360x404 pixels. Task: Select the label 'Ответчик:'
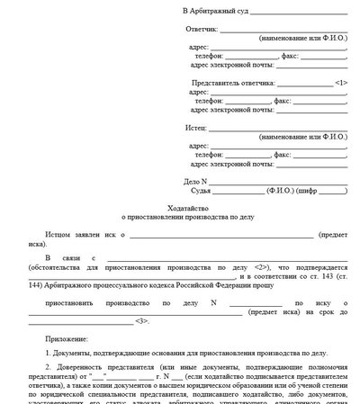201,31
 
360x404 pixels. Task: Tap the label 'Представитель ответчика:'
229,81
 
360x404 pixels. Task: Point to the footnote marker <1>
339,81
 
